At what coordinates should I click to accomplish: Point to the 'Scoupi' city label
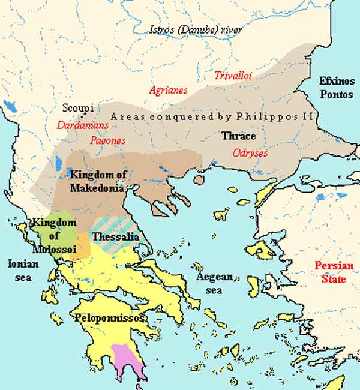tap(77, 109)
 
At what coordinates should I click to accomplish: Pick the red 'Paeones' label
tap(108, 140)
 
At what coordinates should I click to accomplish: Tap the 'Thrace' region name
tap(239, 136)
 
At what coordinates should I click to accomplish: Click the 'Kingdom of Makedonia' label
tap(98, 181)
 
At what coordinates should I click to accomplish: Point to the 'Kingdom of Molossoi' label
tap(54, 236)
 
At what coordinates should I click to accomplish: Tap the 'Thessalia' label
tap(115, 237)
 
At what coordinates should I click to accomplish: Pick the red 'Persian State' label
tap(335, 272)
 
